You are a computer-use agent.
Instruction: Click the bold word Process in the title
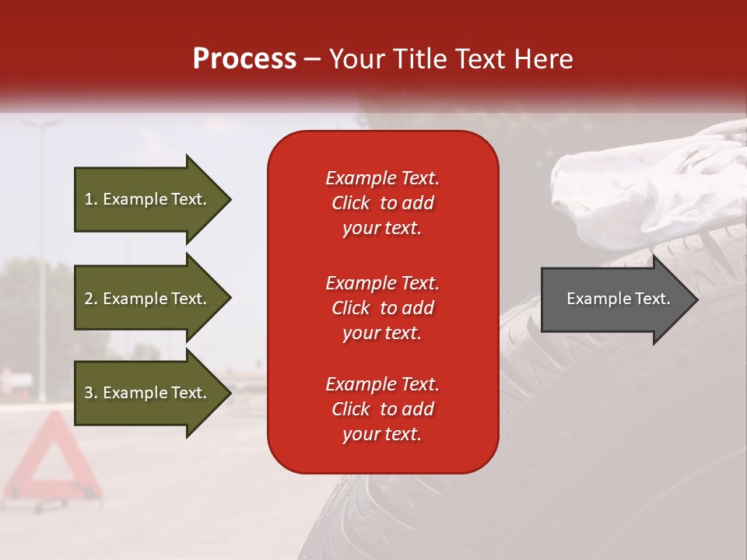244,59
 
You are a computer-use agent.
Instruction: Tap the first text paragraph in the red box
382,203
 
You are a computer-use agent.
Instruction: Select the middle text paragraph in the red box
382,308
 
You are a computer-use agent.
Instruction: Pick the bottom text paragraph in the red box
382,409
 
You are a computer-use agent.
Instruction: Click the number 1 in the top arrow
89,199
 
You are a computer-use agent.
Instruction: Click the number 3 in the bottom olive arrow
89,394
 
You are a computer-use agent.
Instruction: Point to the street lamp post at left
41,257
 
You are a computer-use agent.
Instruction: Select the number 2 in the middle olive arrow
89,299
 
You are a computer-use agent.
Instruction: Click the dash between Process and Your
312,60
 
